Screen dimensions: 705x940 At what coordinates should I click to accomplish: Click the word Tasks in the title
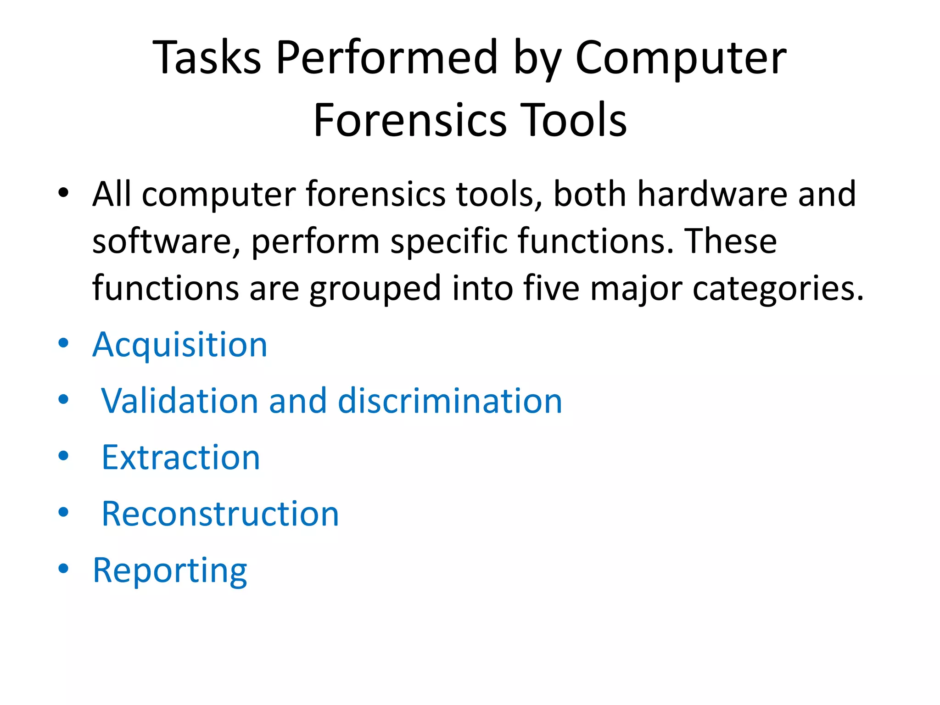point(207,58)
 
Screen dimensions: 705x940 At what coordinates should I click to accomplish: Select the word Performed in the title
point(386,58)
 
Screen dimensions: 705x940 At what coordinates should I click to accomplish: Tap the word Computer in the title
point(681,58)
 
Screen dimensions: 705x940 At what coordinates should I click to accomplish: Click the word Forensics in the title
point(410,120)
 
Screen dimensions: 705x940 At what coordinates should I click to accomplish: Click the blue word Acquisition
point(180,345)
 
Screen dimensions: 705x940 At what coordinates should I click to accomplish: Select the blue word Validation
point(180,401)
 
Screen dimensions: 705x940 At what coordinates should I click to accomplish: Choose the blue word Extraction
point(181,458)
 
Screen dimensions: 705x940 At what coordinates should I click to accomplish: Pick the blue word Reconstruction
point(220,514)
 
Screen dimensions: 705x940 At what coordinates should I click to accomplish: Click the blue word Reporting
point(170,571)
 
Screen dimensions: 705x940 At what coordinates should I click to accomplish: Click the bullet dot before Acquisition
point(63,343)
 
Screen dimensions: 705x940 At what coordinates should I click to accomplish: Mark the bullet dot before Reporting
point(63,569)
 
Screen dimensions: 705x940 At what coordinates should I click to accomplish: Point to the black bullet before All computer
point(63,192)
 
